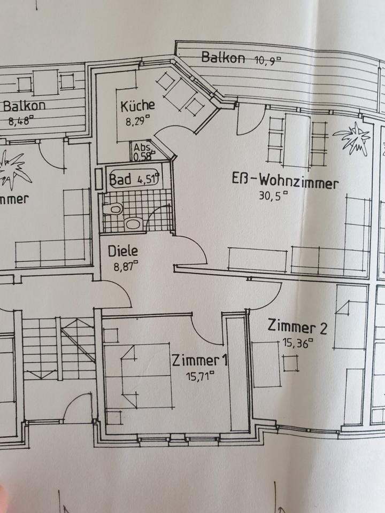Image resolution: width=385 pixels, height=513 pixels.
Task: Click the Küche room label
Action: tap(137, 105)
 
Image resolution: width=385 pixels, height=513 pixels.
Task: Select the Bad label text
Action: tap(120, 180)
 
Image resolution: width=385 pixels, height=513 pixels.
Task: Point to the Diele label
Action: tap(123, 250)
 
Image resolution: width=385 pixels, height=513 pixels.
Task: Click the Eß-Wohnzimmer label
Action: tap(285, 184)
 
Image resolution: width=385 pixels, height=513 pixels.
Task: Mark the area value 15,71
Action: tap(199, 376)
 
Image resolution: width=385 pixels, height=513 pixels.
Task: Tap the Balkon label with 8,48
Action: tap(24, 105)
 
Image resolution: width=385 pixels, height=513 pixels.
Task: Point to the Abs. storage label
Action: tap(141, 148)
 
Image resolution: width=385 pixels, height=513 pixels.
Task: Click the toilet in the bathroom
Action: tap(113, 209)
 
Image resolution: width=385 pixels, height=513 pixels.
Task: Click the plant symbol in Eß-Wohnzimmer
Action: tap(353, 138)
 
